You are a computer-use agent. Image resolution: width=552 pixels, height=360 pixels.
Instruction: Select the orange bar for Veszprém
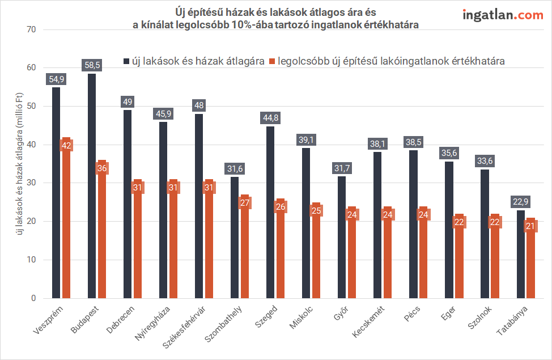[66, 227]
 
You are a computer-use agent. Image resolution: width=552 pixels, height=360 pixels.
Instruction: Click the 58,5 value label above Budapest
[91, 65]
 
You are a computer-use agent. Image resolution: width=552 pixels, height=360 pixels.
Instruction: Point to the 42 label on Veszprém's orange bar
[66, 145]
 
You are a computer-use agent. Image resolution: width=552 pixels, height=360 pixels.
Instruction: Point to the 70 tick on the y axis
[31, 29]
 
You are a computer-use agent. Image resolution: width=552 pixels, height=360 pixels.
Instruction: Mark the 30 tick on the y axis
[31, 183]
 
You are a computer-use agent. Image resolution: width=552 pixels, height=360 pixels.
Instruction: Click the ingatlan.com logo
[503, 15]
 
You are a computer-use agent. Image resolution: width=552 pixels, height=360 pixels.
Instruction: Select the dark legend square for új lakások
[126, 61]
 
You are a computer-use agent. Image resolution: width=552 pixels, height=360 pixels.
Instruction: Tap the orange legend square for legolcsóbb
[273, 61]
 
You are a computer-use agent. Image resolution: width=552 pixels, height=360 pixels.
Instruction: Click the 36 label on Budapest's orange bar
[102, 168]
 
